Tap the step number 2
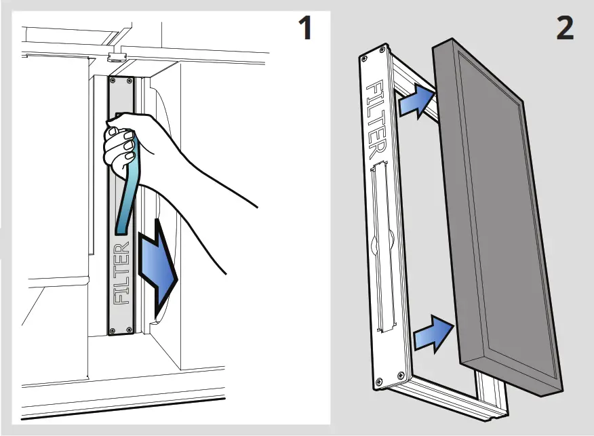click(x=564, y=28)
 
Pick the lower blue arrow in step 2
click(x=433, y=332)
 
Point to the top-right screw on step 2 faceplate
click(x=384, y=51)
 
